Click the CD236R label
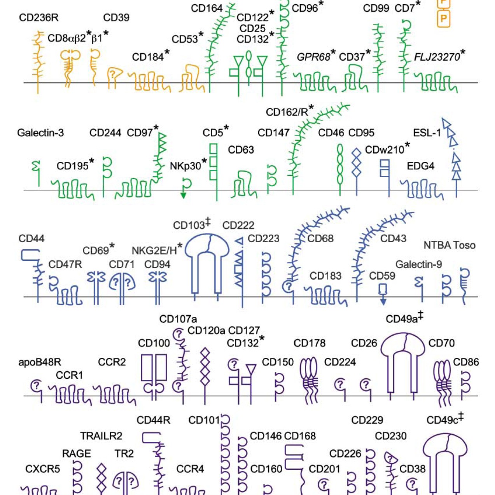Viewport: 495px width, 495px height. pyautogui.click(x=39, y=18)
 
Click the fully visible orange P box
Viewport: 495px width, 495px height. pyautogui.click(x=443, y=19)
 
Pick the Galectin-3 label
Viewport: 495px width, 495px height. pyautogui.click(x=40, y=133)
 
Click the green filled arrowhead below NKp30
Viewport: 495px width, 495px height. pyautogui.click(x=183, y=196)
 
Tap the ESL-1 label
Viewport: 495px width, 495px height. pyautogui.click(x=427, y=133)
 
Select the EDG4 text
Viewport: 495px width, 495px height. pyautogui.click(x=421, y=166)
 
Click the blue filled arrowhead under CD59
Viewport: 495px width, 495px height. pyautogui.click(x=383, y=302)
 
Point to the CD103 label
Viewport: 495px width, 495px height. pyautogui.click(x=189, y=226)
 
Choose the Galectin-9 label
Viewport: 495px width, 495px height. pyautogui.click(x=419, y=264)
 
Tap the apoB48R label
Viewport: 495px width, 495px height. pyautogui.click(x=40, y=362)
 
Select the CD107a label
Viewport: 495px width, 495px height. pyautogui.click(x=178, y=319)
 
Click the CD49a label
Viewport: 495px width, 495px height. pyautogui.click(x=402, y=319)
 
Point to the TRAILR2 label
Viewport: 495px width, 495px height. pyautogui.click(x=101, y=436)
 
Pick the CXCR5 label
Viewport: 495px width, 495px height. pyautogui.click(x=43, y=469)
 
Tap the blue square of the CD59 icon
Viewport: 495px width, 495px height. pyautogui.click(x=383, y=289)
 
